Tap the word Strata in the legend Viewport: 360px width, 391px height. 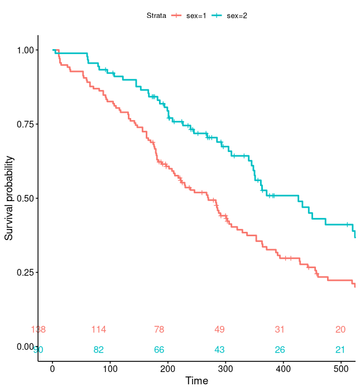(x=156, y=16)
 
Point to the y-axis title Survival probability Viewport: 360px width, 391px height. (x=9, y=198)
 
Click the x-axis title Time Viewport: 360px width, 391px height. (x=196, y=381)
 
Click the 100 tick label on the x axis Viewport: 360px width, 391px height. (x=111, y=369)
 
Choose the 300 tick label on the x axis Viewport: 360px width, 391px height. (x=226, y=369)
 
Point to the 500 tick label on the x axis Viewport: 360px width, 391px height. (x=342, y=369)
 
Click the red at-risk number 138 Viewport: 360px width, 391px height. (x=39, y=330)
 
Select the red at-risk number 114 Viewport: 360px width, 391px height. (x=99, y=330)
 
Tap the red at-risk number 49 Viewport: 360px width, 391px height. (x=219, y=330)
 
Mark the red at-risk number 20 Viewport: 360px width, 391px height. (x=340, y=330)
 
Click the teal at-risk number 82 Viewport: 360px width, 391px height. (x=99, y=350)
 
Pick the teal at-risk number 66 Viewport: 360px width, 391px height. (x=159, y=350)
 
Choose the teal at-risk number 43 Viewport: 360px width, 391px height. (x=219, y=350)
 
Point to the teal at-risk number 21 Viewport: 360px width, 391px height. (x=340, y=350)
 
